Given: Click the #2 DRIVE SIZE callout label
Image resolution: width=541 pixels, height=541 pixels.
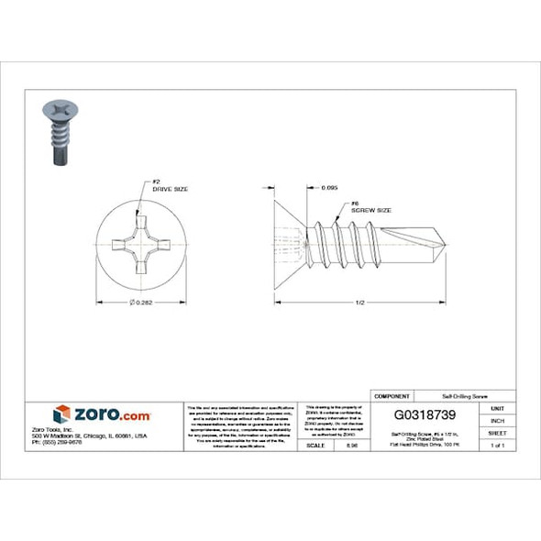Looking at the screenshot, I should click(170, 184).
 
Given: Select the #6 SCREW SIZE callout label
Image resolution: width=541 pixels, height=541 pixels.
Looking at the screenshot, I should click(370, 207).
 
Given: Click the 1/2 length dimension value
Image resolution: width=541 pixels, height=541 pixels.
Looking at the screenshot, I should click(359, 302).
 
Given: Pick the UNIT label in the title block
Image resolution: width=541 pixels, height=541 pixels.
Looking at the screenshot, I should click(497, 408).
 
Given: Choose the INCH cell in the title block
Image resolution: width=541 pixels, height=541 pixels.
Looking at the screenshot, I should click(497, 420).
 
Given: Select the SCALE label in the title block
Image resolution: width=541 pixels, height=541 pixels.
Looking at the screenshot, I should click(316, 445).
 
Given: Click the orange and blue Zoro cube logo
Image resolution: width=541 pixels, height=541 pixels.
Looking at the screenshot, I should click(61, 414).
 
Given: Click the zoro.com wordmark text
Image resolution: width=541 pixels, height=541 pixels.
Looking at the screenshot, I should click(111, 415).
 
